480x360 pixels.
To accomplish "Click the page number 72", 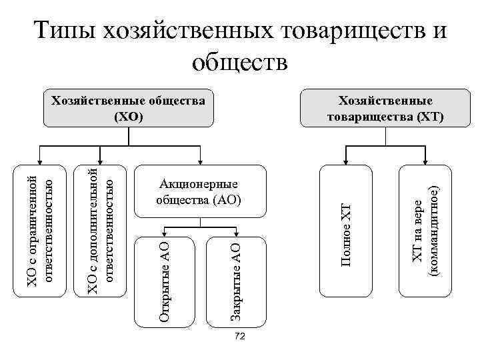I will [241, 337].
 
